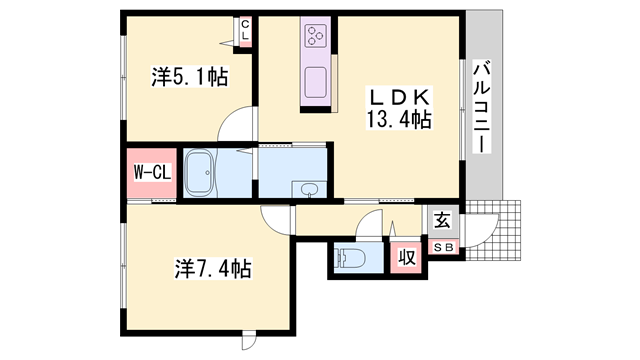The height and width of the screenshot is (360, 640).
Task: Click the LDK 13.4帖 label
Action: pos(399,108)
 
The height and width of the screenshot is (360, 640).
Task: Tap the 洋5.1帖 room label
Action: pos(190,77)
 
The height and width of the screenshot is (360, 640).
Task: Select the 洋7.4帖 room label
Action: pos(213,268)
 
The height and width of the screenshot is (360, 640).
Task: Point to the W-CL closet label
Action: pos(152,173)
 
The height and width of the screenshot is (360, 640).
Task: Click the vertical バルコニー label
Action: pos(482,107)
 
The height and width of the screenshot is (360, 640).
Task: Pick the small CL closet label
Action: pos(245,30)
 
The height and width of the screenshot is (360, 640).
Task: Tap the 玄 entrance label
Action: pos(442,220)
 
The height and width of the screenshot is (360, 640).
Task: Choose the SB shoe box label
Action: pos(443,247)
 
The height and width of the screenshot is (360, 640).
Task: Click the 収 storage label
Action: pos(407,258)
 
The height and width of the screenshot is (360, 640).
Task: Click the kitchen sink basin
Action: pos(316,82)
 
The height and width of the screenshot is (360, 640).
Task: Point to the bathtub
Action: pos(199,173)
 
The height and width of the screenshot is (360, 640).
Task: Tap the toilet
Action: pos(349,257)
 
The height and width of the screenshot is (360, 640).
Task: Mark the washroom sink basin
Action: pos(309,189)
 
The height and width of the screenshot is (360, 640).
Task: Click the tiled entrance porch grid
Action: pos(494,230)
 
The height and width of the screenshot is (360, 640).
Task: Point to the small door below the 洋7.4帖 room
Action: pos(249,340)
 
